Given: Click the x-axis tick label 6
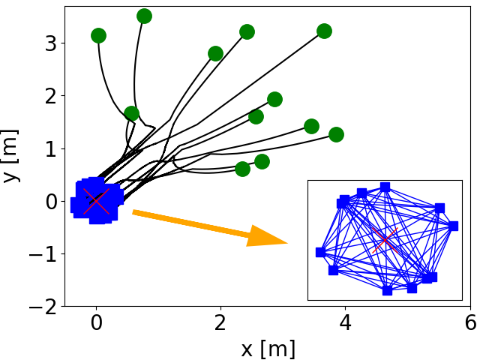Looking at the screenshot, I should pyautogui.click(x=470, y=323).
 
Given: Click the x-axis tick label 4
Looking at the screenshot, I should pyautogui.click(x=345, y=323).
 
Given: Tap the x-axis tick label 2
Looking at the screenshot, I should pyautogui.click(x=220, y=323).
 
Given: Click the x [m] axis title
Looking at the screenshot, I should pyautogui.click(x=268, y=348).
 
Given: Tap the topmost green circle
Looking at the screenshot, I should pyautogui.click(x=145, y=16).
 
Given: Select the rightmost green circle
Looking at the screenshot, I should pyautogui.click(x=336, y=135).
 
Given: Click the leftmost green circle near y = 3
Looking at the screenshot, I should pyautogui.click(x=98, y=35).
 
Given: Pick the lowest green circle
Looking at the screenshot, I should pyautogui.click(x=242, y=169).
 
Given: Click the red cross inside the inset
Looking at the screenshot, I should pyautogui.click(x=385, y=240).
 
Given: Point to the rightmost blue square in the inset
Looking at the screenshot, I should pyautogui.click(x=453, y=226).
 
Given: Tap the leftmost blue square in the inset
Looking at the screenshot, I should pyautogui.click(x=320, y=252).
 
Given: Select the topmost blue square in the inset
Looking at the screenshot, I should pyautogui.click(x=385, y=187).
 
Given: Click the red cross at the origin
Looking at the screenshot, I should pyautogui.click(x=96, y=200).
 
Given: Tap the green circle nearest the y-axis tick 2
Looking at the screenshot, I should pyautogui.click(x=131, y=114).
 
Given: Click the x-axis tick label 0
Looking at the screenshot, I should pyautogui.click(x=96, y=323).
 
